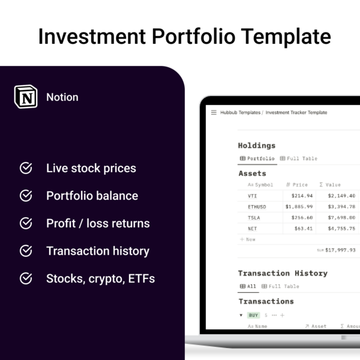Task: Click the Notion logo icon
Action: tap(26, 97)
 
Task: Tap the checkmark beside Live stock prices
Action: tap(26, 168)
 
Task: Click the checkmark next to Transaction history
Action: tap(26, 251)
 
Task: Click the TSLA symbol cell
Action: tap(254, 218)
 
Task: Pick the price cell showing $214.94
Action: tap(302, 196)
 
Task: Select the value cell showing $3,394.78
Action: tap(341, 206)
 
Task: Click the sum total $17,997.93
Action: tap(340, 250)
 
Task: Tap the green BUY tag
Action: tap(253, 315)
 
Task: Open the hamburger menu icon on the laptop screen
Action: tap(214, 112)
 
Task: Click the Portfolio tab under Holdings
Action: tap(257, 158)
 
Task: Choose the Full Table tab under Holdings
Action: tap(298, 158)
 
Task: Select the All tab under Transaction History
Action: tap(248, 286)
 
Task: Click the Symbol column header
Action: tap(260, 185)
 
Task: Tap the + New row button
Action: tap(247, 239)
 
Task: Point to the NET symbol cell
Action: tap(253, 229)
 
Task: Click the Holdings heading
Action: tap(257, 146)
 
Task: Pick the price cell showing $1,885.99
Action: tap(299, 206)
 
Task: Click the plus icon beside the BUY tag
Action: tap(283, 315)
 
